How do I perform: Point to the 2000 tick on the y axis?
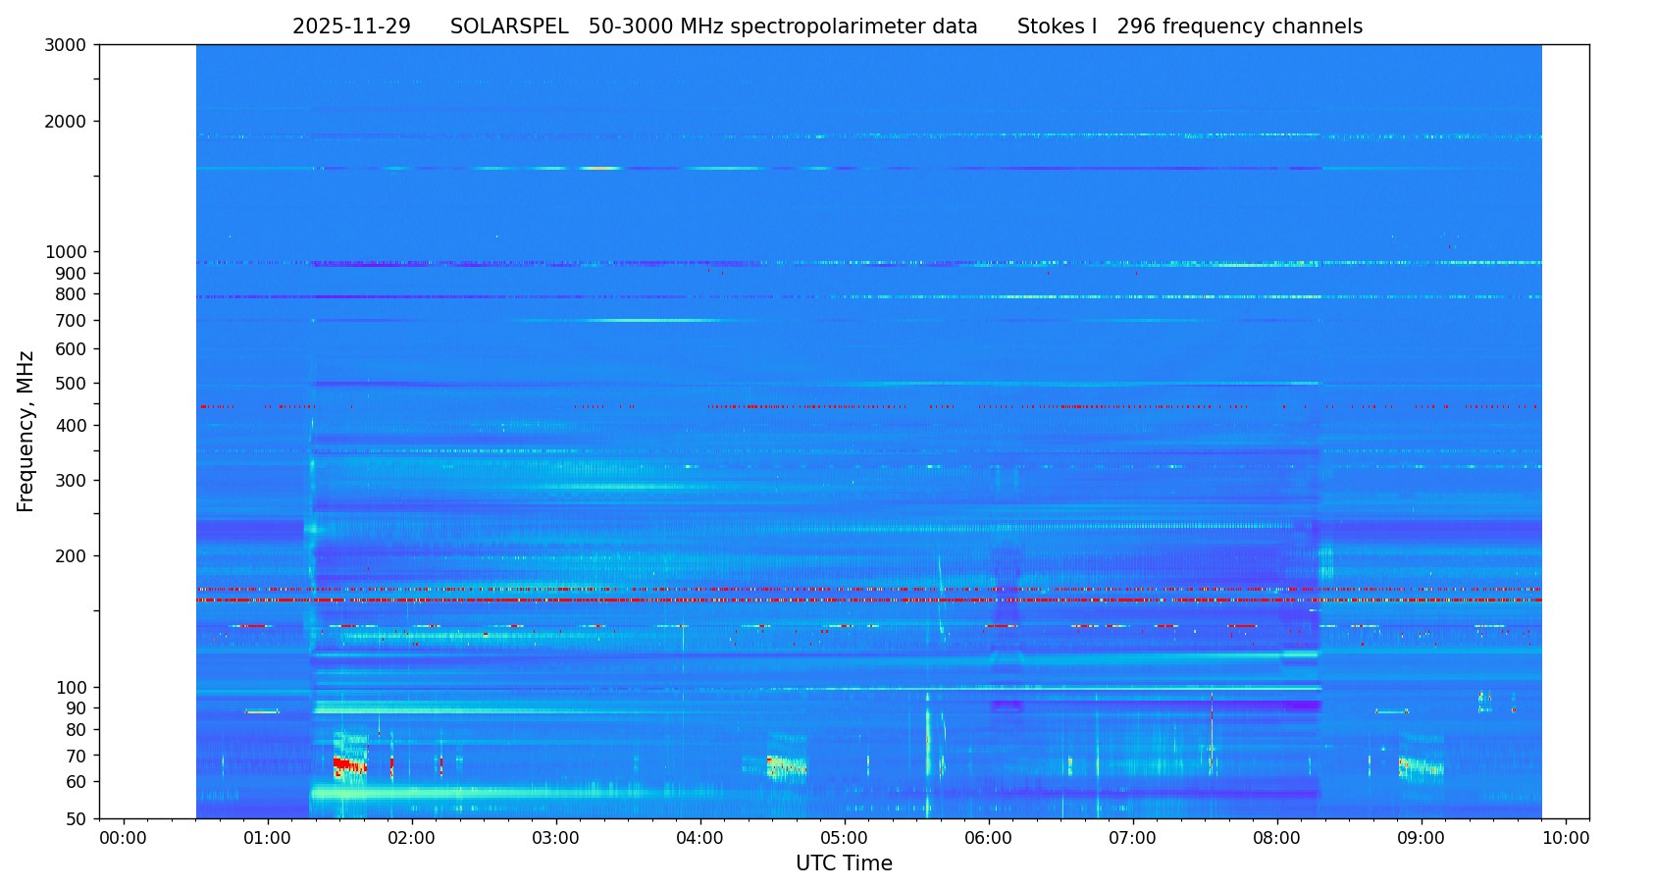click(67, 122)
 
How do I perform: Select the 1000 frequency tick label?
click(67, 252)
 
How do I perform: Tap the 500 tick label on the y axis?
click(72, 384)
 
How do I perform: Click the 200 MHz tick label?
click(72, 556)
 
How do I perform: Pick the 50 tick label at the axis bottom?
click(76, 819)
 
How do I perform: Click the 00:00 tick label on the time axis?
click(124, 839)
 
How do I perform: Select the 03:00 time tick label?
click(556, 839)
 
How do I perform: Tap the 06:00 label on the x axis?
click(989, 839)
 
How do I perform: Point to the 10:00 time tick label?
click(1566, 839)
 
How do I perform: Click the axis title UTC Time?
click(844, 864)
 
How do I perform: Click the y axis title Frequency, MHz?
click(26, 431)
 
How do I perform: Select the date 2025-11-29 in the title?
click(351, 27)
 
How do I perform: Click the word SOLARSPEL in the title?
click(509, 27)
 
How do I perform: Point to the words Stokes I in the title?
click(1057, 27)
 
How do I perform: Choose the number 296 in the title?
click(1136, 27)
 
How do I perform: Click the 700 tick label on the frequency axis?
click(72, 321)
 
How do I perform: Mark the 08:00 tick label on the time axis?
click(1277, 839)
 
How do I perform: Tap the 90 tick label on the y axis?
click(76, 708)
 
